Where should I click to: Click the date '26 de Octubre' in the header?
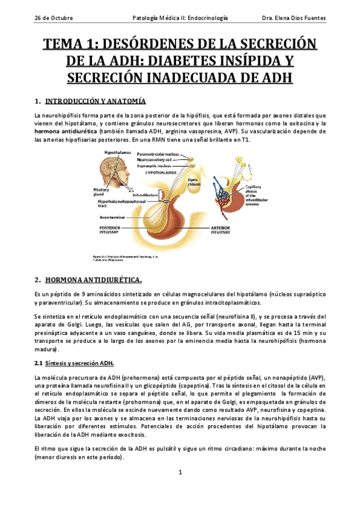pos(53,18)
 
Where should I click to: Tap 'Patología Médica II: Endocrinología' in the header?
pos(180,18)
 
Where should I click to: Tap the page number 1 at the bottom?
pos(180,473)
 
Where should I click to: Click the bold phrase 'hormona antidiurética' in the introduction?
pos(67,131)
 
